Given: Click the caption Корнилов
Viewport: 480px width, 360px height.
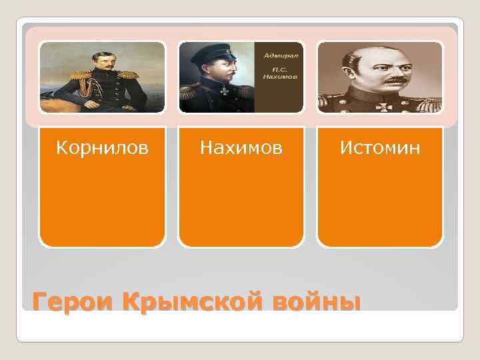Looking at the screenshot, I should point(102,147).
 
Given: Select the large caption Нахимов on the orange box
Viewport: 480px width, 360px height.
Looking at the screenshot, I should point(241,147).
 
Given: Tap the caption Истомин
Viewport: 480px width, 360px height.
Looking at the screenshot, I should point(380,147).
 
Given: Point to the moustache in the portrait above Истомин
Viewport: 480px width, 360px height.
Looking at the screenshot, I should point(395,80).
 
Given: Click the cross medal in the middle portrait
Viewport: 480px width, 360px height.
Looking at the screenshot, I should point(225,89).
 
